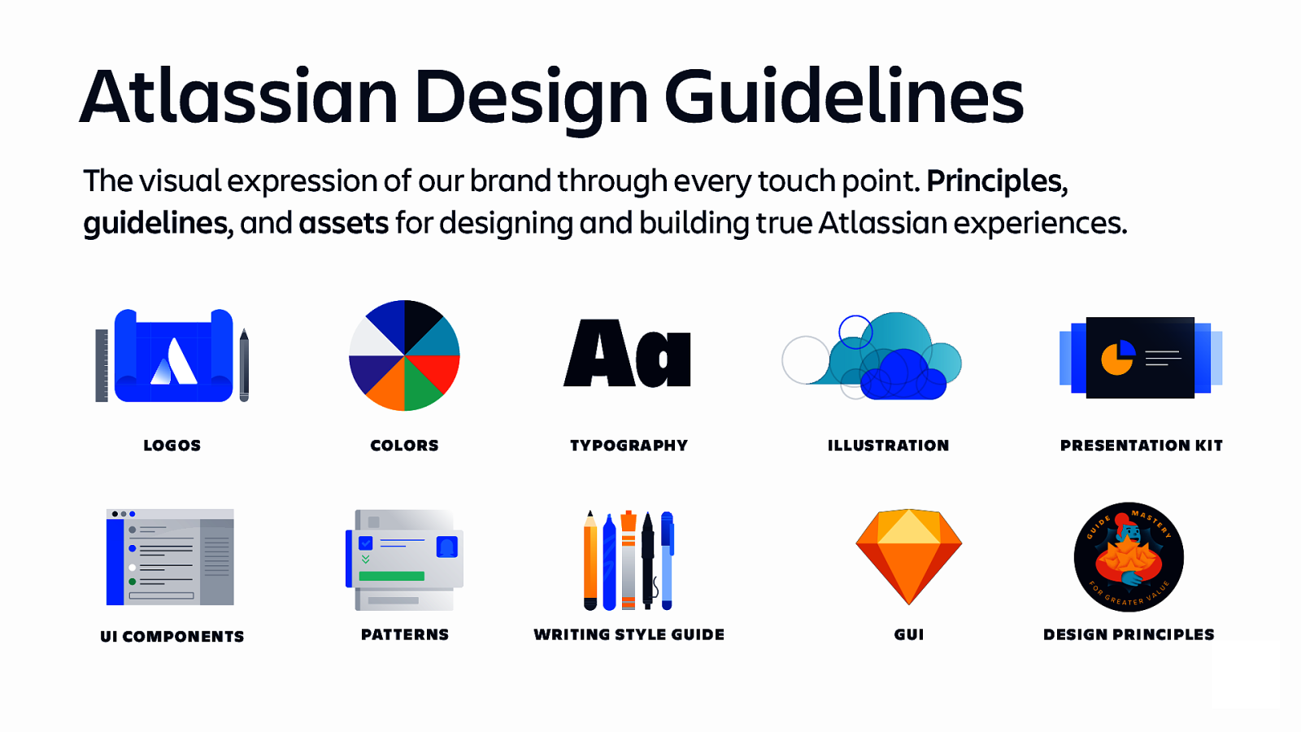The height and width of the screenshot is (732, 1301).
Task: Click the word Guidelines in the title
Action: [843, 98]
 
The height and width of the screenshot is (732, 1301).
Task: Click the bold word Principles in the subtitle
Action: [994, 181]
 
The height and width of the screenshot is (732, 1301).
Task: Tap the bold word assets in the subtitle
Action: [343, 223]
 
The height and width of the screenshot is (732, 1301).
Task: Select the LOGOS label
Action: [172, 445]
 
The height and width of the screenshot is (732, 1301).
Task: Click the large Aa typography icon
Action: [627, 355]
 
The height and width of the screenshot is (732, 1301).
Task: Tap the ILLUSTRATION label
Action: [888, 445]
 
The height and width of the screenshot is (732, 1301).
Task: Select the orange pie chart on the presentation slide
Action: [1116, 359]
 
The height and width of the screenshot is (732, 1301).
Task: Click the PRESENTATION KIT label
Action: [1141, 445]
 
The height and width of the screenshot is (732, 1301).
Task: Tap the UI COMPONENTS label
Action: [172, 636]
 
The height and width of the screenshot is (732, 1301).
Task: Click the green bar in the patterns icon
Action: [391, 576]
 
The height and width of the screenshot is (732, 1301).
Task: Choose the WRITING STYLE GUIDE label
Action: [629, 634]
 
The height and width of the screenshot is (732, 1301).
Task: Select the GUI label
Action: [908, 634]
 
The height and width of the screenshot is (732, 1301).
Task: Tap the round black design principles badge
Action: [1129, 557]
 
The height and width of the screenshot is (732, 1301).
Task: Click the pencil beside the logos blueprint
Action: [244, 365]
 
